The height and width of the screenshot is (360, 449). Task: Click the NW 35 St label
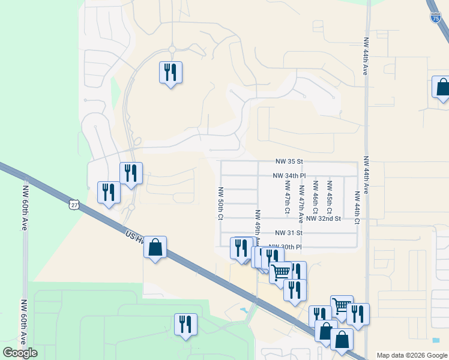[290, 161]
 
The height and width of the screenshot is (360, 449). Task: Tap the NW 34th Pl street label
[289, 176]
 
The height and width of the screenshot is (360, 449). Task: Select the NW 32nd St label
[323, 219]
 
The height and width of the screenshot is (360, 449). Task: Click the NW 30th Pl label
[285, 247]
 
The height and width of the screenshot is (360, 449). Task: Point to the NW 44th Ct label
[357, 208]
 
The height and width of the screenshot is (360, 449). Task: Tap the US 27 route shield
[73, 205]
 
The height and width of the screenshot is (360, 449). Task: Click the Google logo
[20, 353]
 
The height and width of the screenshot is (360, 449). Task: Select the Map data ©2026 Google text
[411, 355]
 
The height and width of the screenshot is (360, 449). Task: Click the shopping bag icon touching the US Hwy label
[155, 247]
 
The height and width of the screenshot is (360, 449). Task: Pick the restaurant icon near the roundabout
[170, 73]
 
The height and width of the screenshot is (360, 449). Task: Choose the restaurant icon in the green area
[185, 324]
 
